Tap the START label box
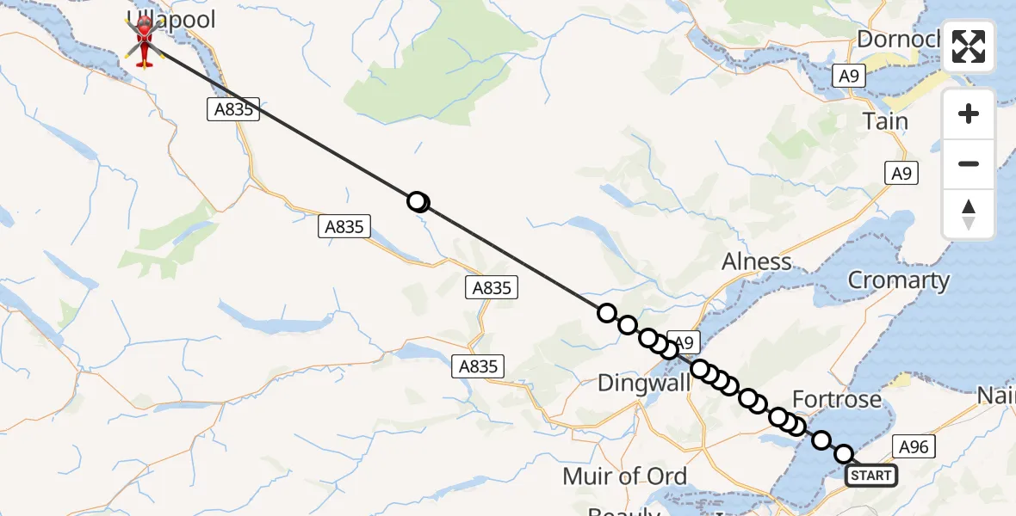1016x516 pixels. pos(871,475)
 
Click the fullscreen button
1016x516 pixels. pos(969,46)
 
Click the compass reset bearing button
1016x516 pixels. pos(969,214)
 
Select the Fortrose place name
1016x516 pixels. pos(836,399)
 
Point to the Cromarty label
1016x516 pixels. pos(898,280)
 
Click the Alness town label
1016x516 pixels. pos(757,261)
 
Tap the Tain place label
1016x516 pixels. pos(885,121)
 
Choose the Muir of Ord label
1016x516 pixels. pos(624,476)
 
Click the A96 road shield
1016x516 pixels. pos(914,445)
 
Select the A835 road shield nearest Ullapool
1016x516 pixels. pos(233,109)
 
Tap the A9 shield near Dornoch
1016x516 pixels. pos(849,77)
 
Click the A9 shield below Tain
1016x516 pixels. pos(901,174)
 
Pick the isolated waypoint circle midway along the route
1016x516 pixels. pos(418,202)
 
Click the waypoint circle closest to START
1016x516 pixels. pos(844,454)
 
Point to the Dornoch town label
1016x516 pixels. pos(895,39)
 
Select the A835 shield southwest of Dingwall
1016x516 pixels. pos(478,366)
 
